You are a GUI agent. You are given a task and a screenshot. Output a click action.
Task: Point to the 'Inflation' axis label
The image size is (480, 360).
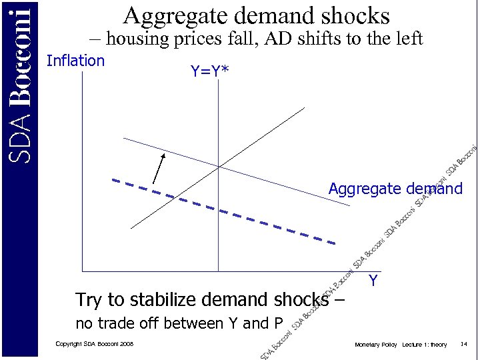(75, 61)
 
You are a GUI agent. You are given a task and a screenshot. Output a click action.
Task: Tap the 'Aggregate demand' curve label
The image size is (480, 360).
(395, 189)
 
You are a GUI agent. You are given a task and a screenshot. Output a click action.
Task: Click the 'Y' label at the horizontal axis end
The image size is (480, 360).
(373, 281)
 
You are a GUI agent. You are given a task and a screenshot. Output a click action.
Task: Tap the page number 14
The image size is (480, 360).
(464, 344)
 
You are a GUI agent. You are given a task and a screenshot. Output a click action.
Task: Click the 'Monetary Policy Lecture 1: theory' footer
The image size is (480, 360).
(401, 344)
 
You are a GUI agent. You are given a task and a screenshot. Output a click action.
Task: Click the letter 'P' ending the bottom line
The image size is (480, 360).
(278, 324)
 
